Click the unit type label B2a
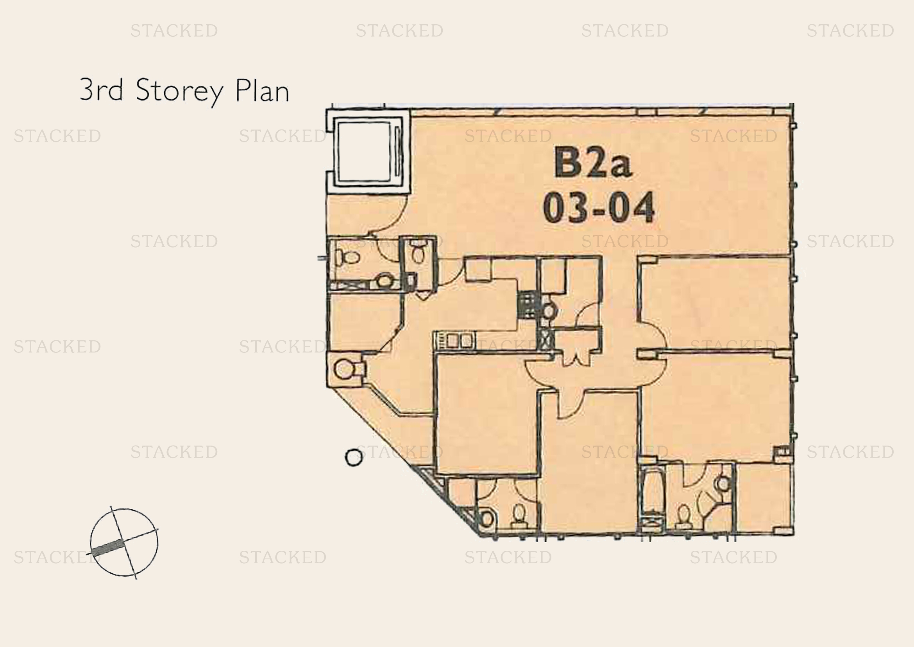tap(593, 162)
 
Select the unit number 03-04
tap(599, 208)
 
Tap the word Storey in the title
tap(179, 91)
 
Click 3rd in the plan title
tap(101, 89)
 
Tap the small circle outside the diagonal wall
tap(354, 457)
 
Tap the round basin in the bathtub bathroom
tap(722, 483)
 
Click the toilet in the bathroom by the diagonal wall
tap(518, 515)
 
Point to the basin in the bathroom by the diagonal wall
tap(487, 519)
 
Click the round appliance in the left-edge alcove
tap(344, 369)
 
